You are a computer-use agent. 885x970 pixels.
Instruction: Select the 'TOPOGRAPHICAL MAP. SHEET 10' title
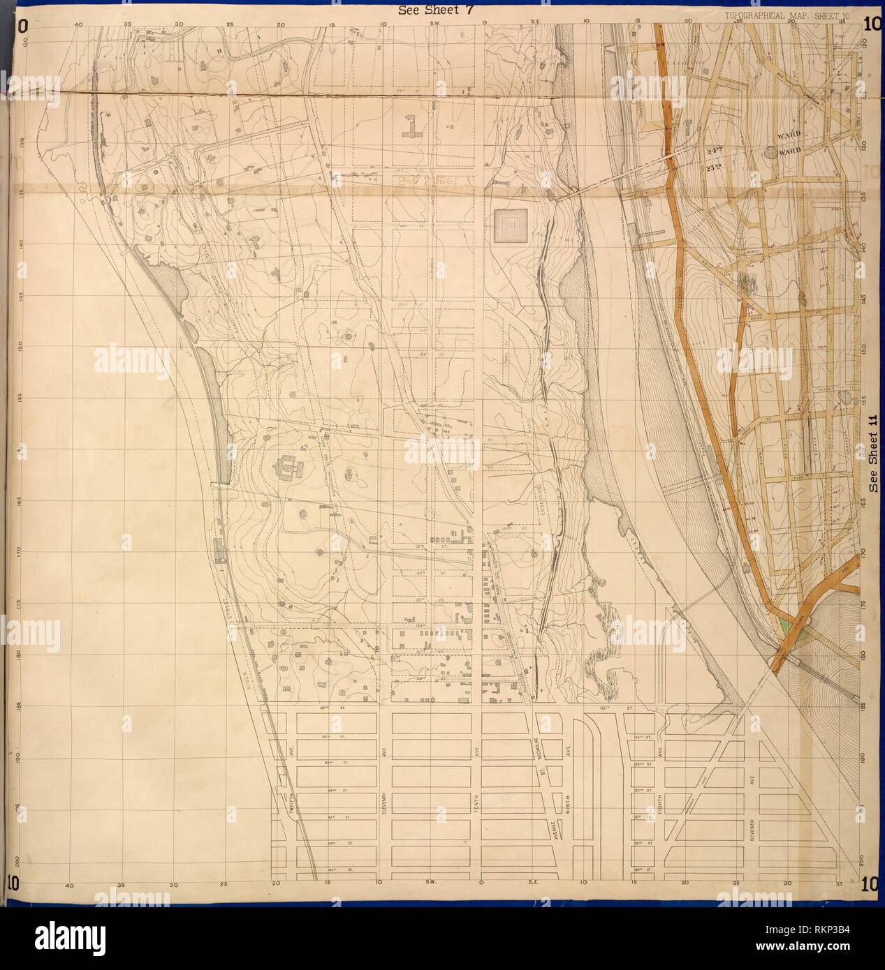(782, 15)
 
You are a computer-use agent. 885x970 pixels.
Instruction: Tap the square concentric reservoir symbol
(511, 225)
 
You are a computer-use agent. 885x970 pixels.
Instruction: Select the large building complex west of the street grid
(288, 467)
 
